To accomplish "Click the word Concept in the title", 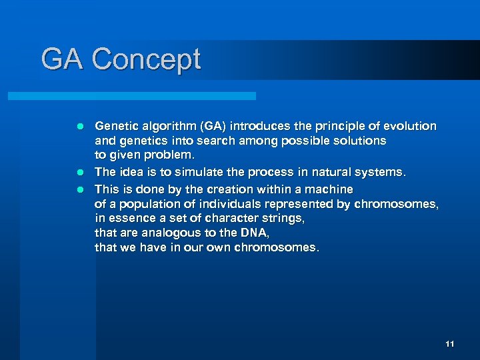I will coord(146,60).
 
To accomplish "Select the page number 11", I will coord(449,344).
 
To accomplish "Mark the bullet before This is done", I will coord(79,189).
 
